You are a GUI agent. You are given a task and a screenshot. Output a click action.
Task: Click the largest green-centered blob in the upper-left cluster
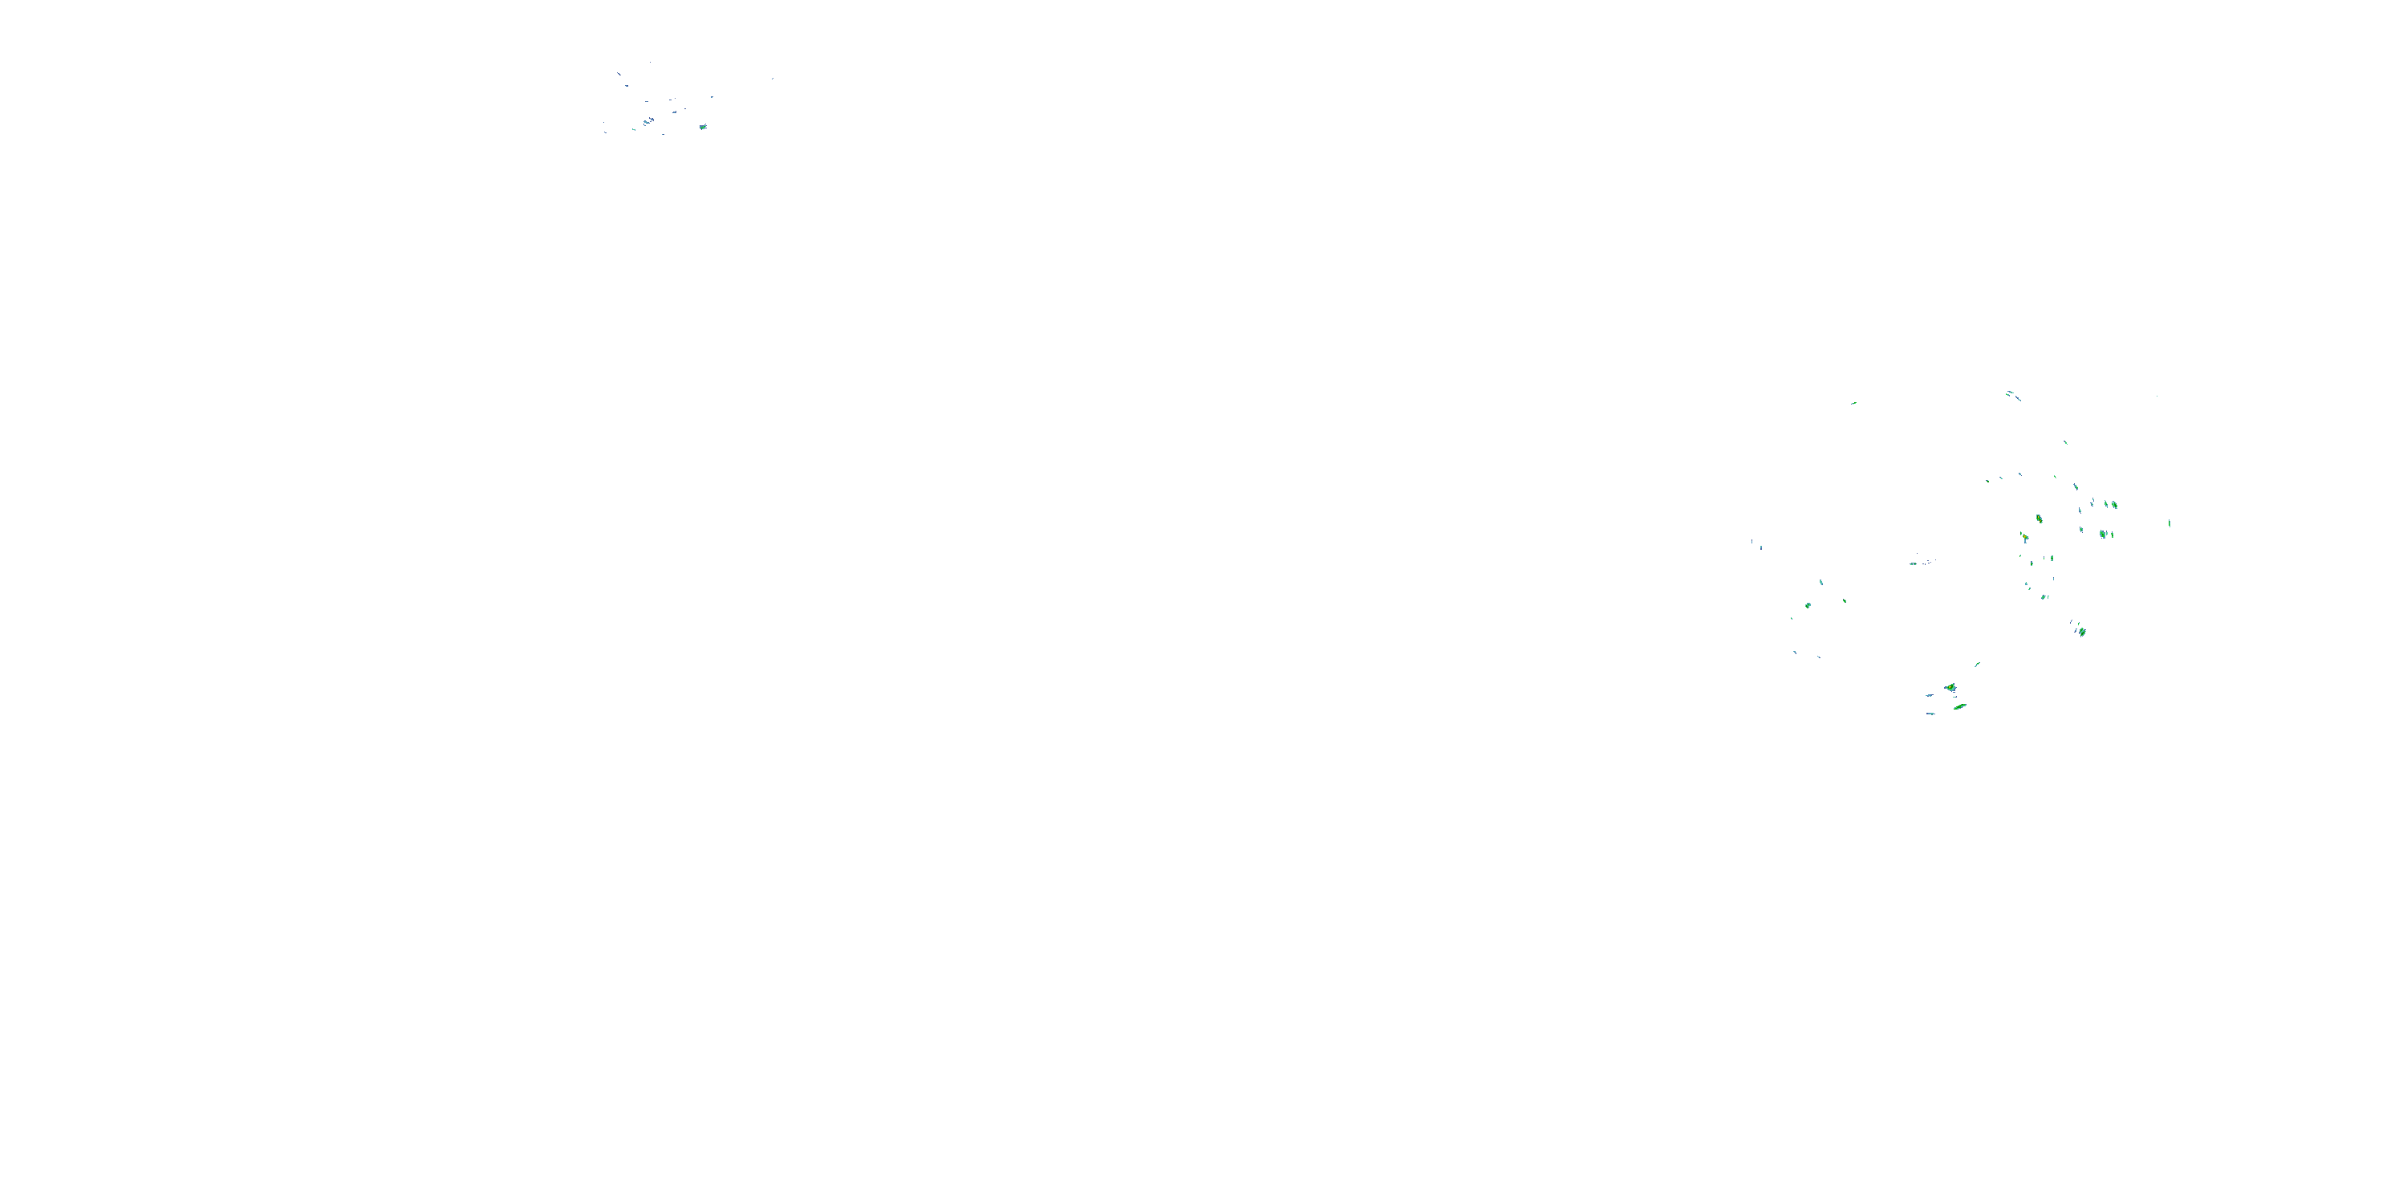[703, 126]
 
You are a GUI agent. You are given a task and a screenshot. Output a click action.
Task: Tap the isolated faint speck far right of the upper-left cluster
[773, 79]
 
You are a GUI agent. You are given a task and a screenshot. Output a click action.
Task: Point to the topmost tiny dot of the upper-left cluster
[651, 63]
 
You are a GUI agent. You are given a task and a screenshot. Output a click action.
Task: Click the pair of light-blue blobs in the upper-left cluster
[647, 121]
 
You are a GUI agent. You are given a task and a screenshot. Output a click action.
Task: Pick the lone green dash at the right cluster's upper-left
[1854, 403]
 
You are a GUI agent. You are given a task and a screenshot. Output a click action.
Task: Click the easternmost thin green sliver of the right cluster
[2170, 523]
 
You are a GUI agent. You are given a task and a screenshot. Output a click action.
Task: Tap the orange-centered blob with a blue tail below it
[2024, 538]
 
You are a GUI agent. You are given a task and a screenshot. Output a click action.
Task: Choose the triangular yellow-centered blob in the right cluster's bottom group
[1950, 688]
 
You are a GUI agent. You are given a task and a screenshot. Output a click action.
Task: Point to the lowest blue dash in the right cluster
[1930, 714]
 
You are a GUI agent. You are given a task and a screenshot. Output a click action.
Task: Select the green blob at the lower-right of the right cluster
[2082, 632]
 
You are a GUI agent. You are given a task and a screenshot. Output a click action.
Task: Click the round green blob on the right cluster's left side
[1808, 606]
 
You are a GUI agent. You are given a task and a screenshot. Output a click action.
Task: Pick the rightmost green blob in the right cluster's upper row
[2113, 505]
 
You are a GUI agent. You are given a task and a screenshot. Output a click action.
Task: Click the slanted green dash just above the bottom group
[1977, 665]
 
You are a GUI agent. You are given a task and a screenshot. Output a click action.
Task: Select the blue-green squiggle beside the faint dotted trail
[1913, 563]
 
